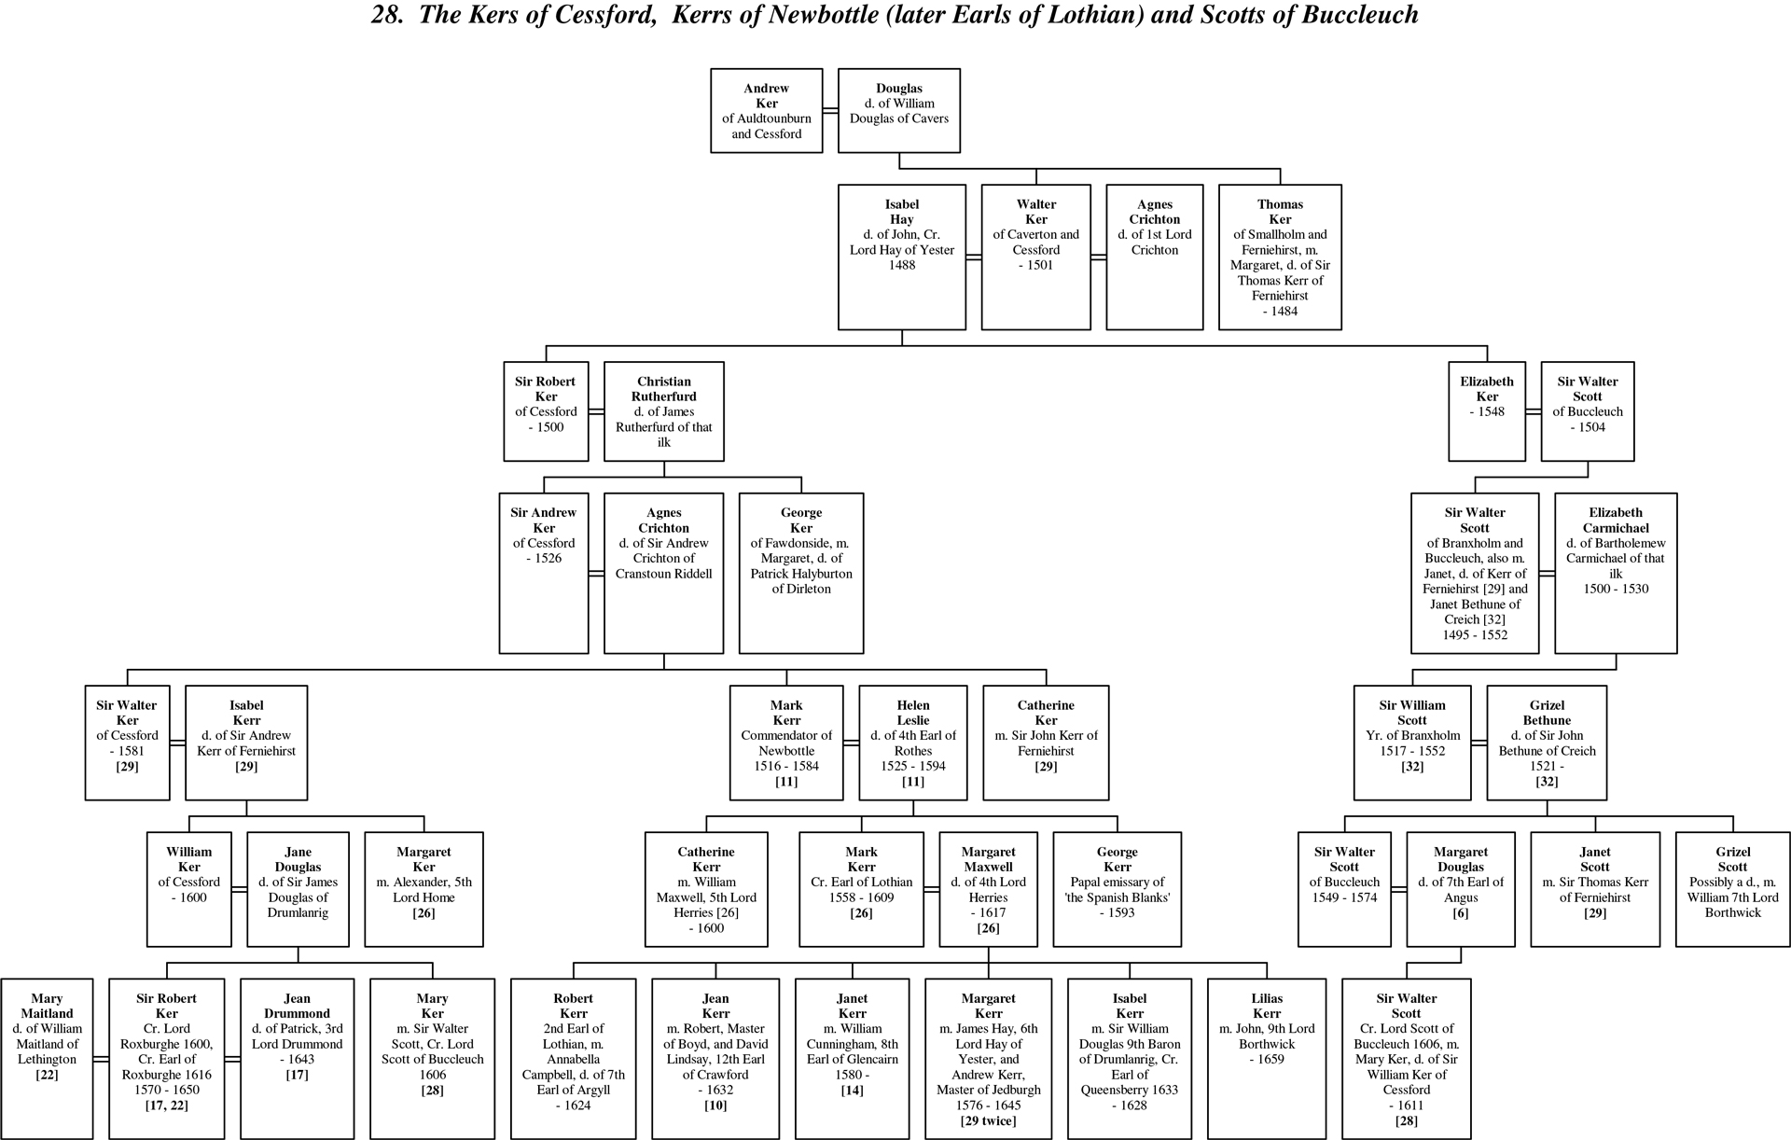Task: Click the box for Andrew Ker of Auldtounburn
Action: (766, 110)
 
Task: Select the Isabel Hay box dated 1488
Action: (901, 257)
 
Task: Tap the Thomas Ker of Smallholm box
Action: (1280, 257)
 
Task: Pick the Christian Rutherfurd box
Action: (663, 411)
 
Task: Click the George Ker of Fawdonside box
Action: (801, 573)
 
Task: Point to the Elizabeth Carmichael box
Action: (1616, 573)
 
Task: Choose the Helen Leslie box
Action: (913, 743)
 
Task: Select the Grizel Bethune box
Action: (1547, 743)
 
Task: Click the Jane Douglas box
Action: (298, 889)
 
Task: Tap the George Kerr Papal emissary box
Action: (1117, 889)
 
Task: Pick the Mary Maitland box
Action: (47, 1058)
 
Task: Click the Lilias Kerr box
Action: (1266, 1058)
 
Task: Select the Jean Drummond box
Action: (297, 1058)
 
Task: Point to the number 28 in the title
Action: (382, 15)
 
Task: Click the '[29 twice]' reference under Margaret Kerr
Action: (988, 1120)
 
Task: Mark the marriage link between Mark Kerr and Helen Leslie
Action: (851, 743)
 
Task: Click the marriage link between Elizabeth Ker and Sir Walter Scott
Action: (1533, 411)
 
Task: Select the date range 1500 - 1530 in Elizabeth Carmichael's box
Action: (1616, 589)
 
